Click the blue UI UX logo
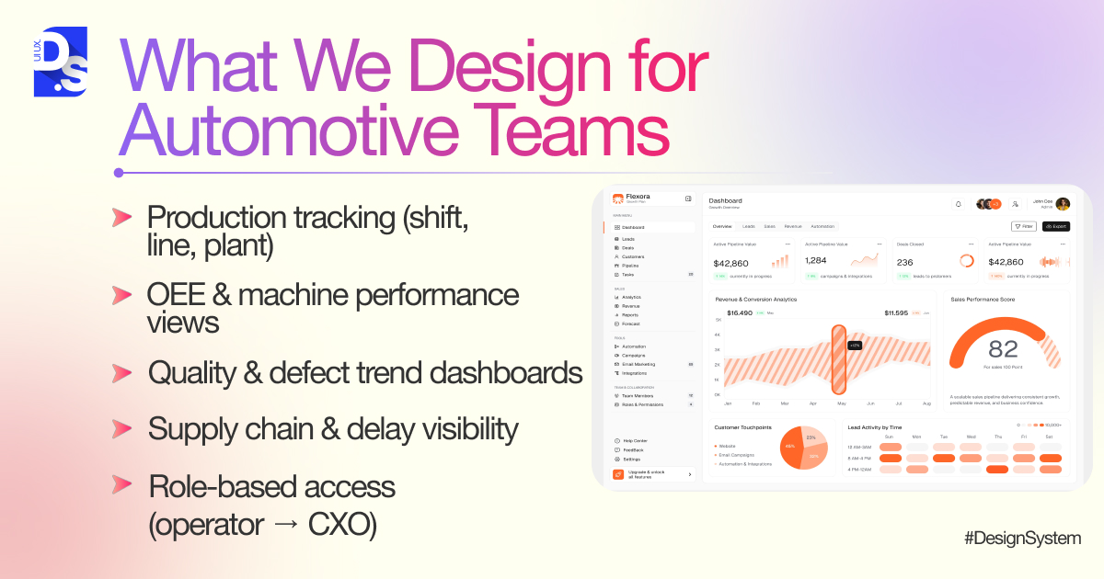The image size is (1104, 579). tap(61, 62)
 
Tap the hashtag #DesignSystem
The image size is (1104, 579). tap(1022, 539)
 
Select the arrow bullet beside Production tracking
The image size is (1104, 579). tap(121, 217)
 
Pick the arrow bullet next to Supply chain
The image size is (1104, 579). tap(121, 428)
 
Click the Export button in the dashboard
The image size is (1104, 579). tap(1055, 226)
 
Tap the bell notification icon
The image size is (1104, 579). tap(958, 204)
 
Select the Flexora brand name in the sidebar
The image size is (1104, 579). tap(638, 196)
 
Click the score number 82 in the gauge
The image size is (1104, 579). tap(1003, 349)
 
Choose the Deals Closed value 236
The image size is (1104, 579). tap(904, 261)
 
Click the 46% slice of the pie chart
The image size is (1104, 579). tap(790, 448)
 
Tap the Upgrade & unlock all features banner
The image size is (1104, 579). tap(652, 474)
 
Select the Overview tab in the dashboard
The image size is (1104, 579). tap(722, 226)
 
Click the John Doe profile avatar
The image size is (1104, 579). tap(1063, 204)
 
